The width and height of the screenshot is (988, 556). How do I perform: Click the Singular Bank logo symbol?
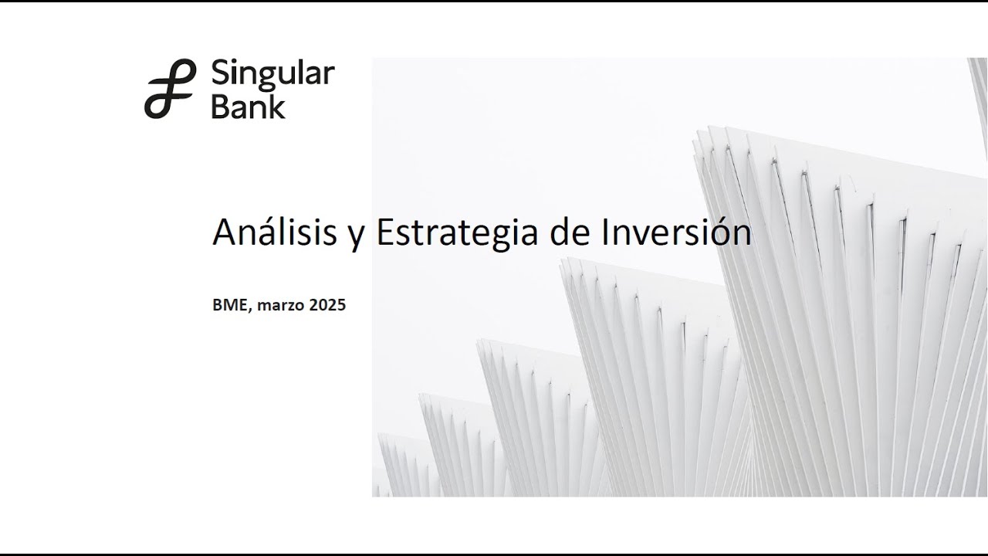tap(171, 88)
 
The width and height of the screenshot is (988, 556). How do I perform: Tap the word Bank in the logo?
tap(249, 107)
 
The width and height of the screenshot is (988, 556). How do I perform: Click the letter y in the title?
tap(357, 237)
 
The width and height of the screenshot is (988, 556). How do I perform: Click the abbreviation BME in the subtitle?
tap(229, 304)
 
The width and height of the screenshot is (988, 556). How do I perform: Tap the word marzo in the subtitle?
tap(281, 305)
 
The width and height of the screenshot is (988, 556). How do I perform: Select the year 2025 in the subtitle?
tap(327, 304)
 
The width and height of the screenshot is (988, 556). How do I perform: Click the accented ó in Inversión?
tap(717, 232)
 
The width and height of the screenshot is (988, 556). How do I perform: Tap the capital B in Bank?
tap(221, 107)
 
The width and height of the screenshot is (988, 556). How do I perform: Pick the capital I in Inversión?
tap(604, 232)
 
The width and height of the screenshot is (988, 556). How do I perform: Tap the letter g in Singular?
tap(272, 79)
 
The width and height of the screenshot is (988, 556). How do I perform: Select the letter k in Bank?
tap(277, 107)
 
